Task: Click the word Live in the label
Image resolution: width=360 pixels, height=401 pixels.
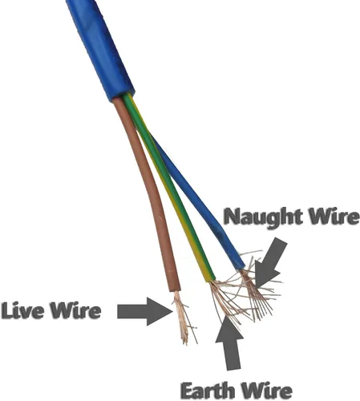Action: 22,310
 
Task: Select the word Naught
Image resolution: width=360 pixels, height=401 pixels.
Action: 263,217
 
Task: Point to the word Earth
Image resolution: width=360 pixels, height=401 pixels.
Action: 208,391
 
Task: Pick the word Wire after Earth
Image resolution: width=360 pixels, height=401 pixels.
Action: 266,391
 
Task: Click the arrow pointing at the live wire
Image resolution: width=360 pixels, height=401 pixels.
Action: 144,311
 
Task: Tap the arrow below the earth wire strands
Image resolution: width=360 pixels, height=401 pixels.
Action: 229,343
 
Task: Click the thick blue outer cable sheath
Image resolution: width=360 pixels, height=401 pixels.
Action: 100,48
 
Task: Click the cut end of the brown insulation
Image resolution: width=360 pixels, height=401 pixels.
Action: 175,290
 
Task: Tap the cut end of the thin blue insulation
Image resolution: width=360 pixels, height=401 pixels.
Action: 240,267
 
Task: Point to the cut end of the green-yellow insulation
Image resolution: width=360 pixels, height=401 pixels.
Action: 211,279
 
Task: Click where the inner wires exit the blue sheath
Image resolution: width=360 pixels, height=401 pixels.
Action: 123,97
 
